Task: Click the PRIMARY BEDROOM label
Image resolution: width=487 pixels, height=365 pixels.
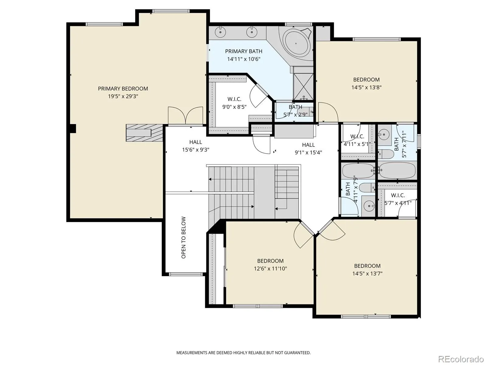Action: pyautogui.click(x=123, y=89)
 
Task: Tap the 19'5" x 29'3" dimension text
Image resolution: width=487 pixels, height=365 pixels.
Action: pyautogui.click(x=123, y=96)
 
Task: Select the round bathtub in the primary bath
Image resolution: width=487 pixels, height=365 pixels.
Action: pyautogui.click(x=296, y=43)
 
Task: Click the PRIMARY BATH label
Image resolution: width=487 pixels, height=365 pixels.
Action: pyautogui.click(x=243, y=51)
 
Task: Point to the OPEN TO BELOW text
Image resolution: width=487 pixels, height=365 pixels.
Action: pyautogui.click(x=184, y=238)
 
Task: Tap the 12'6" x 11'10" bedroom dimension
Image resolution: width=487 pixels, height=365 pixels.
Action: pyautogui.click(x=270, y=269)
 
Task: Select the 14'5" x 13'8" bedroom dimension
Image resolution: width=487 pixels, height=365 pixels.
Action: pyautogui.click(x=366, y=87)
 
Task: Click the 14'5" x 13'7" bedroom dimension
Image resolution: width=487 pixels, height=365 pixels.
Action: pyautogui.click(x=367, y=273)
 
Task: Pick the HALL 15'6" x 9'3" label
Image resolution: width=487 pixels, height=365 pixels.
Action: pyautogui.click(x=196, y=146)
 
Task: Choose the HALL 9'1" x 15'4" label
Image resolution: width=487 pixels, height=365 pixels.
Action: pyautogui.click(x=308, y=148)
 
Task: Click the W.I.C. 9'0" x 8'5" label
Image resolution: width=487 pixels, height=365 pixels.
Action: pyautogui.click(x=234, y=103)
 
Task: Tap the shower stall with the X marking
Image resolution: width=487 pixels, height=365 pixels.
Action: pyautogui.click(x=303, y=87)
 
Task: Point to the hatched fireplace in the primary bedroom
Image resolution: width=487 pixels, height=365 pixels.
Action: pyautogui.click(x=145, y=133)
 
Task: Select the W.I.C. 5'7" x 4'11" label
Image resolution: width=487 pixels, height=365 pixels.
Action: pyautogui.click(x=398, y=199)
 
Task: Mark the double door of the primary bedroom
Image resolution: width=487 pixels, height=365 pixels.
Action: pyautogui.click(x=185, y=115)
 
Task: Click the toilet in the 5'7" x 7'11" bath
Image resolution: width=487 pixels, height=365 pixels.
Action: pyautogui.click(x=386, y=154)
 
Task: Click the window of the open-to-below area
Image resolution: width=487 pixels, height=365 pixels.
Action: pyautogui.click(x=186, y=274)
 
